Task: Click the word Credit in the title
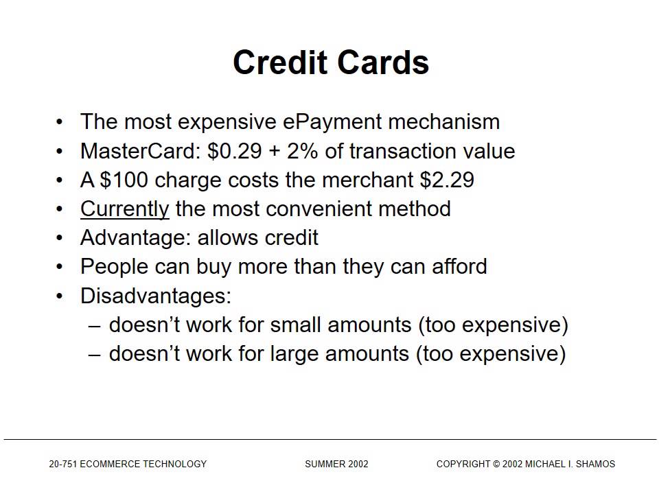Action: (x=277, y=62)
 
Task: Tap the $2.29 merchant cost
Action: (x=447, y=180)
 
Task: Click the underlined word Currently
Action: (x=124, y=209)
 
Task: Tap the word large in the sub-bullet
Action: (x=296, y=353)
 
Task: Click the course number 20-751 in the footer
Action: (x=62, y=464)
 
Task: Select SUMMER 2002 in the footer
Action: (x=336, y=464)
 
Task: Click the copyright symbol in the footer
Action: (x=496, y=464)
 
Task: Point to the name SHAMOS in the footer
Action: (x=596, y=464)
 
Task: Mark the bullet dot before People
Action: (x=60, y=266)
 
